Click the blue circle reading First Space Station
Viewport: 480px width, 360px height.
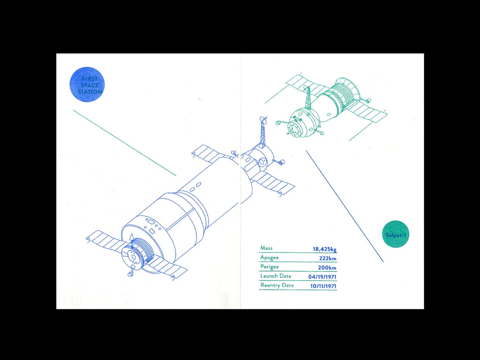87,85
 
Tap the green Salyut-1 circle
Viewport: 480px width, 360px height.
396,234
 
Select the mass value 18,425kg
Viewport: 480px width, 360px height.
325,249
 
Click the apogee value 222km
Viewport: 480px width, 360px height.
328,258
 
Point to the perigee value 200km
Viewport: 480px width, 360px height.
327,268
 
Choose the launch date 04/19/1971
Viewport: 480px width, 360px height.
322,277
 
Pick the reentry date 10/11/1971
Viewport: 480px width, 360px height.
323,286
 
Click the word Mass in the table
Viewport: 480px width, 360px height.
266,248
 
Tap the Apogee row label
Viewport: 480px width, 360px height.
269,257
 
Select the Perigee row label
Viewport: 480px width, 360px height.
269,266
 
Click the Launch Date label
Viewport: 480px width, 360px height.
276,276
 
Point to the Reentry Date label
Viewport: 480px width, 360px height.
277,285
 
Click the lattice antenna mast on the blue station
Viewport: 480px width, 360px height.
262,132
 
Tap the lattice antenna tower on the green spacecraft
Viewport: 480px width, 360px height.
308,98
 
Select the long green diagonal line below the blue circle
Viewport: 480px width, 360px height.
124,143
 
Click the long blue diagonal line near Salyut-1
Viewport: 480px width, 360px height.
345,206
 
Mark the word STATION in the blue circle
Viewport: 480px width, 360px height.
89,91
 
